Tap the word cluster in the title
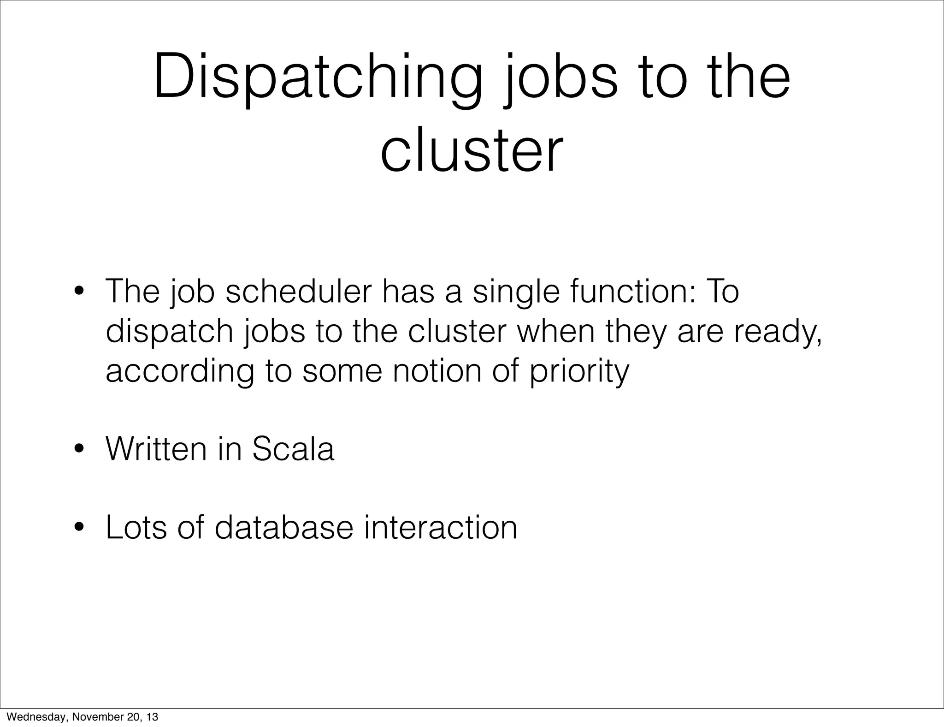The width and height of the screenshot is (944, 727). click(472, 150)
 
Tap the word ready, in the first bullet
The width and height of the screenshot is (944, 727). click(778, 332)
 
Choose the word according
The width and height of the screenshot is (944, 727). click(180, 372)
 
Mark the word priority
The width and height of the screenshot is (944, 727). click(579, 372)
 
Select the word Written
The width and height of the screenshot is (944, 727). click(156, 448)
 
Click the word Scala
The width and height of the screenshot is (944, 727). click(293, 448)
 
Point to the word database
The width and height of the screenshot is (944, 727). click(284, 527)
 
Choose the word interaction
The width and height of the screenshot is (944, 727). click(440, 527)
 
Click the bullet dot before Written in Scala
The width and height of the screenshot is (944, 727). click(80, 449)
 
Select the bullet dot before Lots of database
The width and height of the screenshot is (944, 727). click(80, 527)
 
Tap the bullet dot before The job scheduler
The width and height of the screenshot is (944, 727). click(80, 292)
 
